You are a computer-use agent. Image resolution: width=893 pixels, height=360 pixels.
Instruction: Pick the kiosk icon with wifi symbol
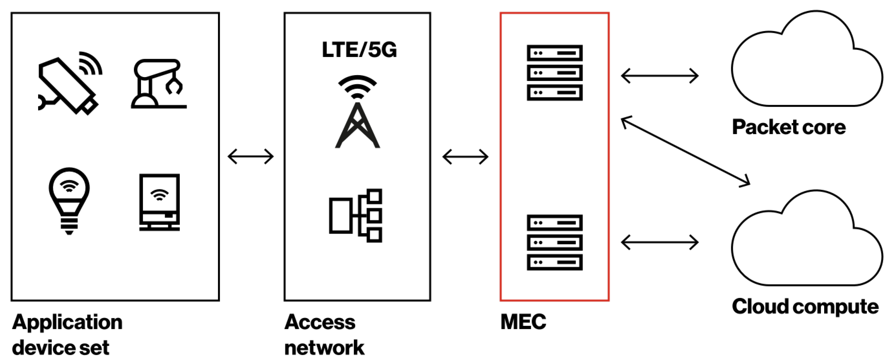[159, 202]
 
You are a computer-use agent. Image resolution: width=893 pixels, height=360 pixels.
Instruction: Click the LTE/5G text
[359, 50]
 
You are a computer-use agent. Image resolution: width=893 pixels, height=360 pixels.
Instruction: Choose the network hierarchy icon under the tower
[356, 215]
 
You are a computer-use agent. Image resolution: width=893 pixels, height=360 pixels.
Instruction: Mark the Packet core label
[789, 127]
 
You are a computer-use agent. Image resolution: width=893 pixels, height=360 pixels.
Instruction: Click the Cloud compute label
[805, 307]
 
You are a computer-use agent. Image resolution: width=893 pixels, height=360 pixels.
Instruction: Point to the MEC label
[523, 322]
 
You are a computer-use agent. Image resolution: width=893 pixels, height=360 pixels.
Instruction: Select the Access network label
[324, 335]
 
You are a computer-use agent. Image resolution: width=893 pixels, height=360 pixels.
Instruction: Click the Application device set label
[67, 335]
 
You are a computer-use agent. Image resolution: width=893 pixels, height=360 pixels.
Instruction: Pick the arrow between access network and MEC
[465, 157]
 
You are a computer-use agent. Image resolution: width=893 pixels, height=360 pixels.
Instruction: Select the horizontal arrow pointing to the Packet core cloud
[659, 76]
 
